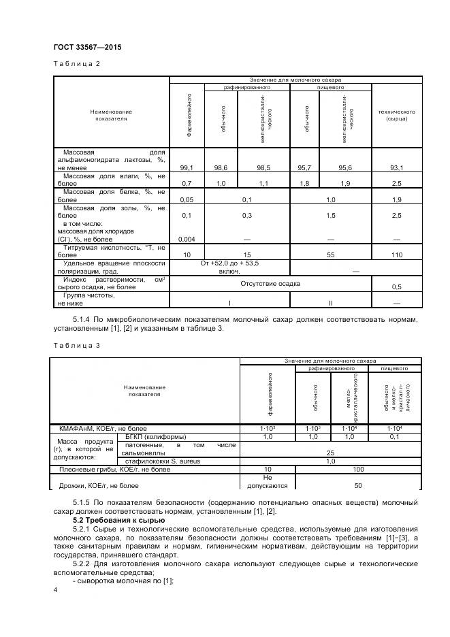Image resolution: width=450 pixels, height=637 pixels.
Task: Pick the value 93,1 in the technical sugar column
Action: pos(396,167)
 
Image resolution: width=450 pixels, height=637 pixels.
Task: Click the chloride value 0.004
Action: pos(187,239)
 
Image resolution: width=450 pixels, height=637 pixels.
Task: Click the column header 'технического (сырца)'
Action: pos(396,115)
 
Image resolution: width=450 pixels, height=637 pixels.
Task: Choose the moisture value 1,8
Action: pos(304,184)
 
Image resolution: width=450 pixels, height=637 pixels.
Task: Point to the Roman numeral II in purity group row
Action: pos(330,302)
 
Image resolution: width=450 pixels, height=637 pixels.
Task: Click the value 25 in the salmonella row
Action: pos(330,452)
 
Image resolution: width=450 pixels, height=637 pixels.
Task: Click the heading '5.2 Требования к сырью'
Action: pos(114,520)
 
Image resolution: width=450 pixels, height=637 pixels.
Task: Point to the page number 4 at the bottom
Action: pos(55,591)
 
